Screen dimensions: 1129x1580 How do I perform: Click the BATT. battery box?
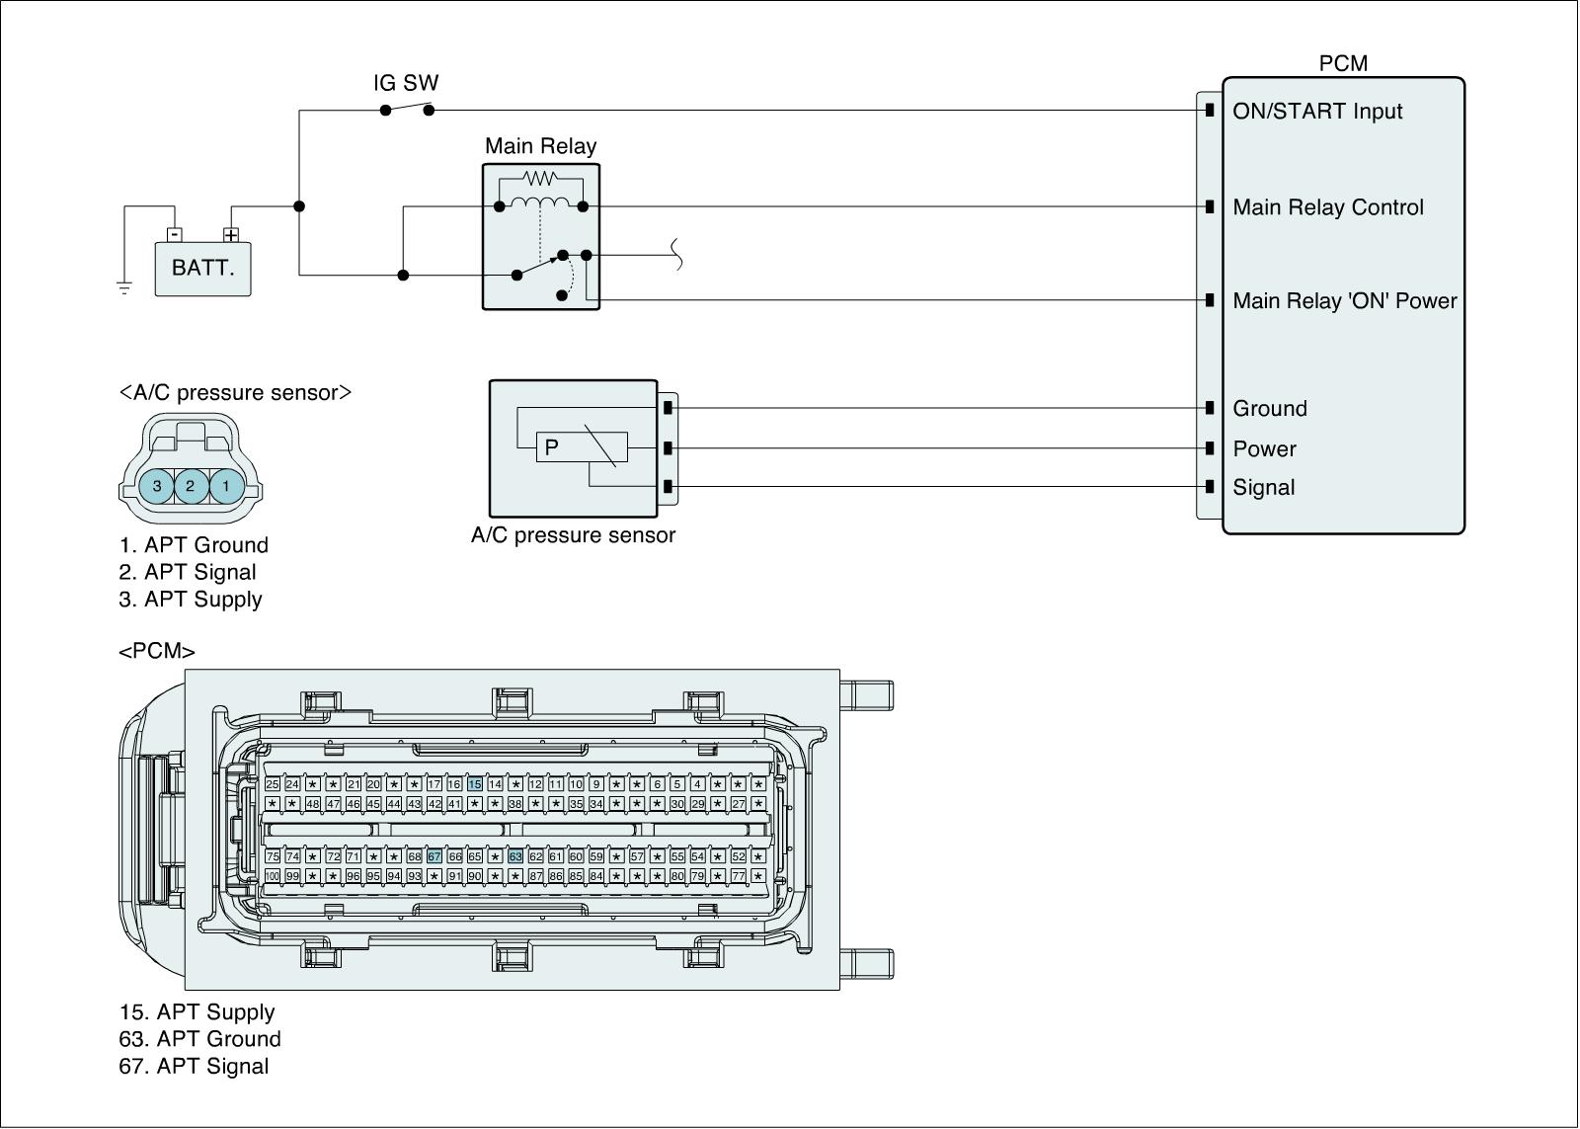click(202, 268)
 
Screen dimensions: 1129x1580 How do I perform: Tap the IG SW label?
click(406, 83)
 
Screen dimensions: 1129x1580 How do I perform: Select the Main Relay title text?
click(540, 146)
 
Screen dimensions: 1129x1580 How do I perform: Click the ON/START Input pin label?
click(1316, 111)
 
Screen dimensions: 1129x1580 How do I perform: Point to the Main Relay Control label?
click(1327, 207)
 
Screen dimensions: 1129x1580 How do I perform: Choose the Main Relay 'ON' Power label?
click(1344, 301)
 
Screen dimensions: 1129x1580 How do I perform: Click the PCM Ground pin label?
click(1269, 409)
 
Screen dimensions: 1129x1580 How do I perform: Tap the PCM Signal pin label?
click(1263, 487)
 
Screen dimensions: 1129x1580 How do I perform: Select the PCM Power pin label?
click(1264, 449)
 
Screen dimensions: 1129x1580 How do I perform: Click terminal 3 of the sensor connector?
click(157, 486)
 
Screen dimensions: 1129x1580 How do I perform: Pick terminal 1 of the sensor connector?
click(226, 486)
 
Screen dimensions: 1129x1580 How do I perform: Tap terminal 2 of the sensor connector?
click(192, 486)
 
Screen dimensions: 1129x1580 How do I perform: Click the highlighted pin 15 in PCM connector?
click(475, 784)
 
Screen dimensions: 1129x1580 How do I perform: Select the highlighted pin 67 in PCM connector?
click(434, 856)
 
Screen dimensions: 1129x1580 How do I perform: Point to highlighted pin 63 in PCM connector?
click(515, 856)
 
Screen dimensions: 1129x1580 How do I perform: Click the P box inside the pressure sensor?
click(552, 447)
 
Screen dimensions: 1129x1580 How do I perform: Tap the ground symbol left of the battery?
click(124, 288)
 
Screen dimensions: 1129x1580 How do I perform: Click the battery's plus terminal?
click(231, 235)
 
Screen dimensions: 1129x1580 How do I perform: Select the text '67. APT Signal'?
click(194, 1067)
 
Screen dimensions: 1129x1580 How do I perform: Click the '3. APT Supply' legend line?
click(191, 600)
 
